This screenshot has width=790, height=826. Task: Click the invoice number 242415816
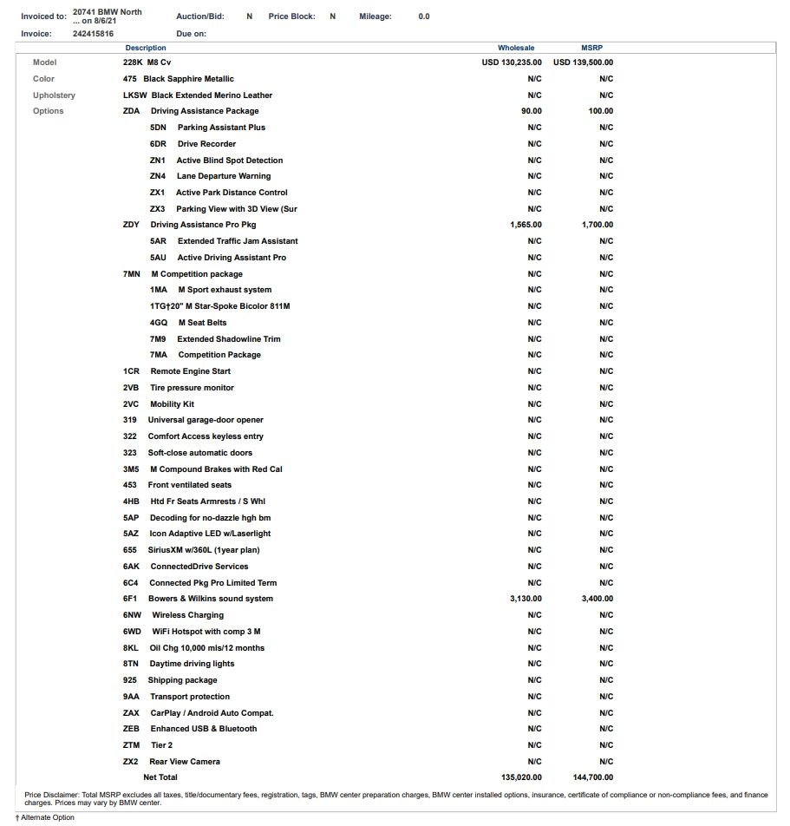tap(93, 34)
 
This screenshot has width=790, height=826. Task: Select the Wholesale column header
tap(516, 48)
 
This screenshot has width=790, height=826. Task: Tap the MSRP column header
tap(591, 48)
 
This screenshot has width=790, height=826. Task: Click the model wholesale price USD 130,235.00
tap(512, 62)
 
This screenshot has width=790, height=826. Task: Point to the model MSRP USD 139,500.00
tap(583, 62)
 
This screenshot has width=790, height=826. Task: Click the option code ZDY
tap(131, 225)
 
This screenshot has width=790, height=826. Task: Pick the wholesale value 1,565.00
tap(526, 225)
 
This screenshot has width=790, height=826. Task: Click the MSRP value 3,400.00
tap(597, 599)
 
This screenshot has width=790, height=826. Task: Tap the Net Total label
tap(160, 777)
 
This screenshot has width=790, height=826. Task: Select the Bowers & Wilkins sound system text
tap(211, 599)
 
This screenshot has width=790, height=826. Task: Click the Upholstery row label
tap(54, 95)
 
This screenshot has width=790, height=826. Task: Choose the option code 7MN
tap(131, 274)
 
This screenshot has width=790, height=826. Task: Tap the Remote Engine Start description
tap(191, 371)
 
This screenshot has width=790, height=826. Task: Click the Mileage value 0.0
tap(423, 16)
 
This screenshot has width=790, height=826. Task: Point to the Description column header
tap(146, 48)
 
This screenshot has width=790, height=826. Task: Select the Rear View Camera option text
tap(185, 762)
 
